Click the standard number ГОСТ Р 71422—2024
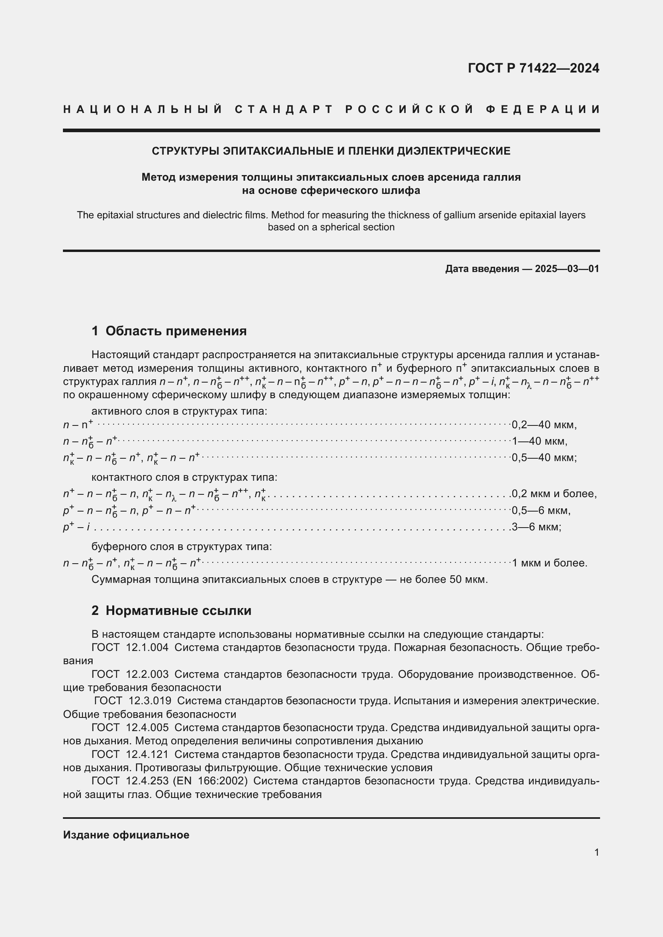tap(533, 68)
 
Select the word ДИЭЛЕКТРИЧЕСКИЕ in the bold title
tap(454, 151)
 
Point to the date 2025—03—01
tap(567, 268)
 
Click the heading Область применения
tap(176, 330)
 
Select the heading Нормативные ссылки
tap(178, 611)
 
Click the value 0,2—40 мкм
tap(544, 425)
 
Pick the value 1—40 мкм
tap(539, 441)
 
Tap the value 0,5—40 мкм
tap(544, 457)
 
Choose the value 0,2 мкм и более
tap(554, 494)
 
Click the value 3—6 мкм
tap(536, 527)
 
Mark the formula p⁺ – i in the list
tap(76, 527)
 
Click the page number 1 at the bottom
tap(596, 852)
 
